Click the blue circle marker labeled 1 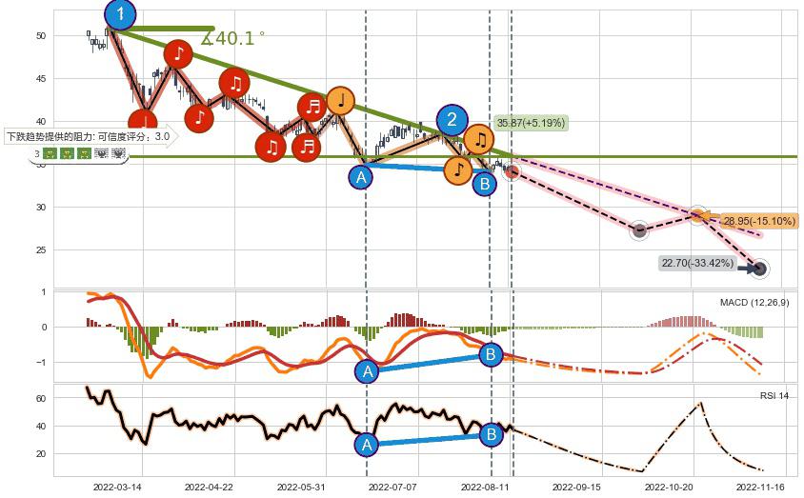tap(120, 14)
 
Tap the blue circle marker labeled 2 tap(452, 120)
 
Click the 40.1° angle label tap(233, 38)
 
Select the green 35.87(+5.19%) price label tap(531, 123)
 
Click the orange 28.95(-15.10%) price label tap(758, 221)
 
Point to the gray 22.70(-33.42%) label tap(698, 263)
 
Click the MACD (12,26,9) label tap(754, 303)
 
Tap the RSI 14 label tap(774, 395)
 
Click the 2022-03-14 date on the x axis tap(117, 487)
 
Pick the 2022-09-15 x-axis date tap(577, 487)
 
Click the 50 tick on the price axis tap(41, 35)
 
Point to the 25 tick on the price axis tap(41, 249)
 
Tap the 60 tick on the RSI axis tap(41, 399)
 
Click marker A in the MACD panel tap(368, 372)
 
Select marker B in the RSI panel tap(492, 435)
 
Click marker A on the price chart tap(361, 177)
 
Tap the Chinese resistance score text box tap(89, 136)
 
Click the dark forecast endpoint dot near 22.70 tap(758, 269)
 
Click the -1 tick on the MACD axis tap(41, 362)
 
